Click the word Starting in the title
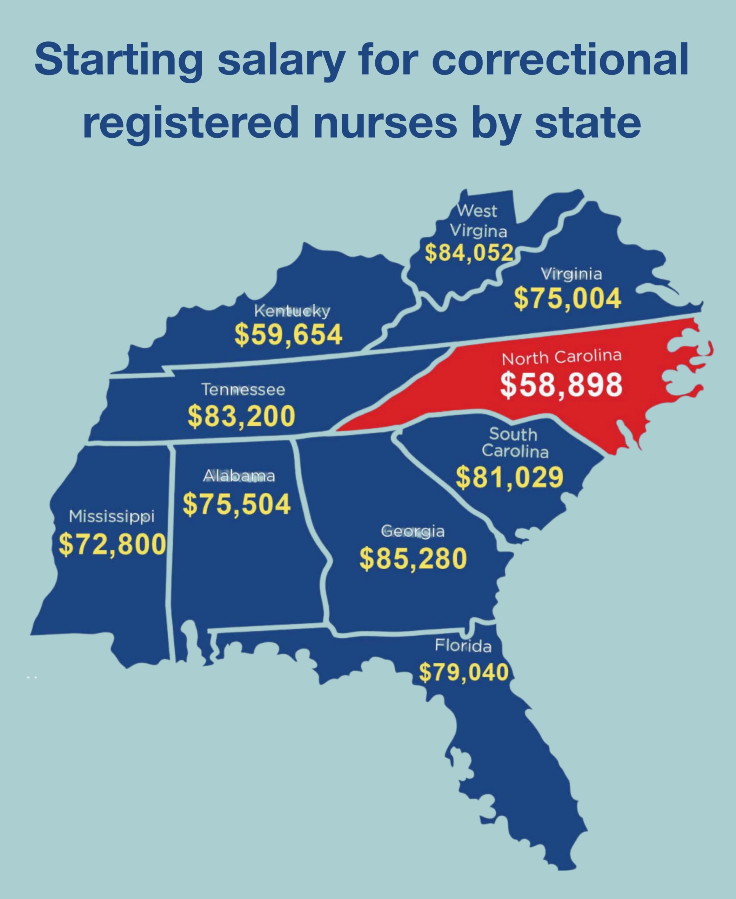pos(119,60)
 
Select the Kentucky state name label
pos(292,311)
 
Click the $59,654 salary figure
pos(288,334)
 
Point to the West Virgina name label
pos(478,221)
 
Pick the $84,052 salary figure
pos(469,253)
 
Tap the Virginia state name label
pos(571,274)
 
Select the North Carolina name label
pos(562,357)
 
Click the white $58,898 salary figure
pos(561,385)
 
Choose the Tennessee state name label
pos(243,389)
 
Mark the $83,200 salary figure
pos(241,416)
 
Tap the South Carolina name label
pos(515,442)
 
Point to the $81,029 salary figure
pos(510,477)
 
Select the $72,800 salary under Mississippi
pos(112,545)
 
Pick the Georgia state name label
pos(413,531)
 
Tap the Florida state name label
pos(463,645)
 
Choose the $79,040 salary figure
pos(464,672)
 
